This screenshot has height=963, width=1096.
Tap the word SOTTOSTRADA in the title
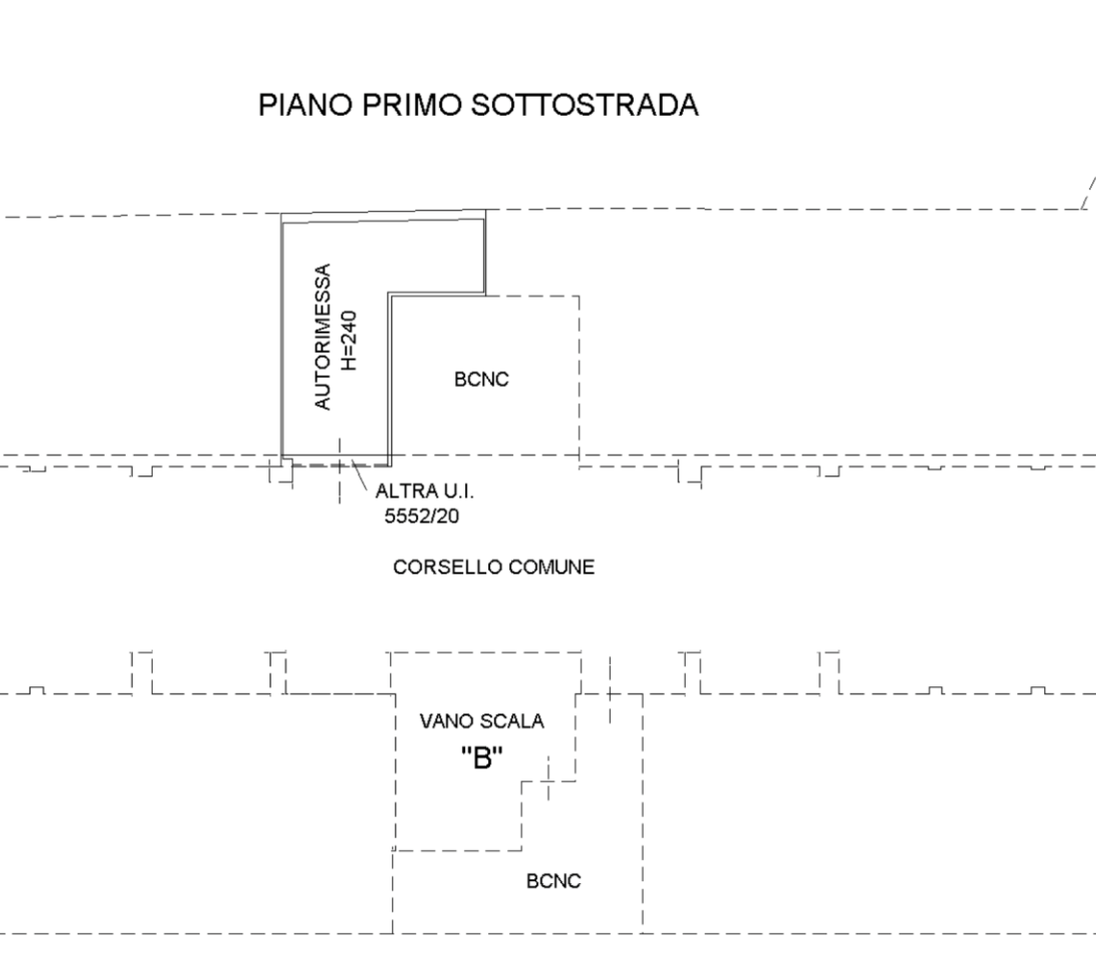(x=585, y=105)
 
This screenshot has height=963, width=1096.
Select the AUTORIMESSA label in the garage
(x=321, y=337)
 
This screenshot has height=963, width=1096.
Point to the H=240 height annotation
(x=348, y=341)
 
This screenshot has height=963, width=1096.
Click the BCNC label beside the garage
(x=481, y=379)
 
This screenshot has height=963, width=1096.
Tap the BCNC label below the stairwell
(x=554, y=880)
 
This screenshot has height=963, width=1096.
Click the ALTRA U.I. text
(x=424, y=491)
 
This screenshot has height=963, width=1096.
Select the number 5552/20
(x=421, y=516)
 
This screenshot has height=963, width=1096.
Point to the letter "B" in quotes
(x=482, y=758)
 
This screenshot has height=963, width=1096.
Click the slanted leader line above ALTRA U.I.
(x=359, y=476)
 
